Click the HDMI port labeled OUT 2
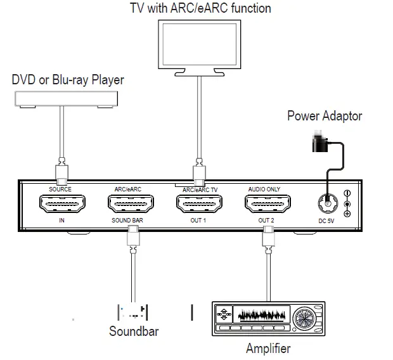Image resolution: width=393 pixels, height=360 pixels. pos(267,204)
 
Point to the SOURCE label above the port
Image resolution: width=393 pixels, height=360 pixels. pos(60,189)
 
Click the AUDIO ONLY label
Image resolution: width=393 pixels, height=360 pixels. pos(265,189)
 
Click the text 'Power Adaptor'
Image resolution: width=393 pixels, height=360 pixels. pos(325,115)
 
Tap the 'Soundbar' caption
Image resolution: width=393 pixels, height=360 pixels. pos(134,331)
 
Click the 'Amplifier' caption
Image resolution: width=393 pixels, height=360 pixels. pos(268,348)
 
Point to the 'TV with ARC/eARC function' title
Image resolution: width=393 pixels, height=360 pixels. pos(200,8)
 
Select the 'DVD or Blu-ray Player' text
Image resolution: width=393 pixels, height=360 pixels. pos(68,80)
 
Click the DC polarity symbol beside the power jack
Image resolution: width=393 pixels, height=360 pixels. pos(347,203)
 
